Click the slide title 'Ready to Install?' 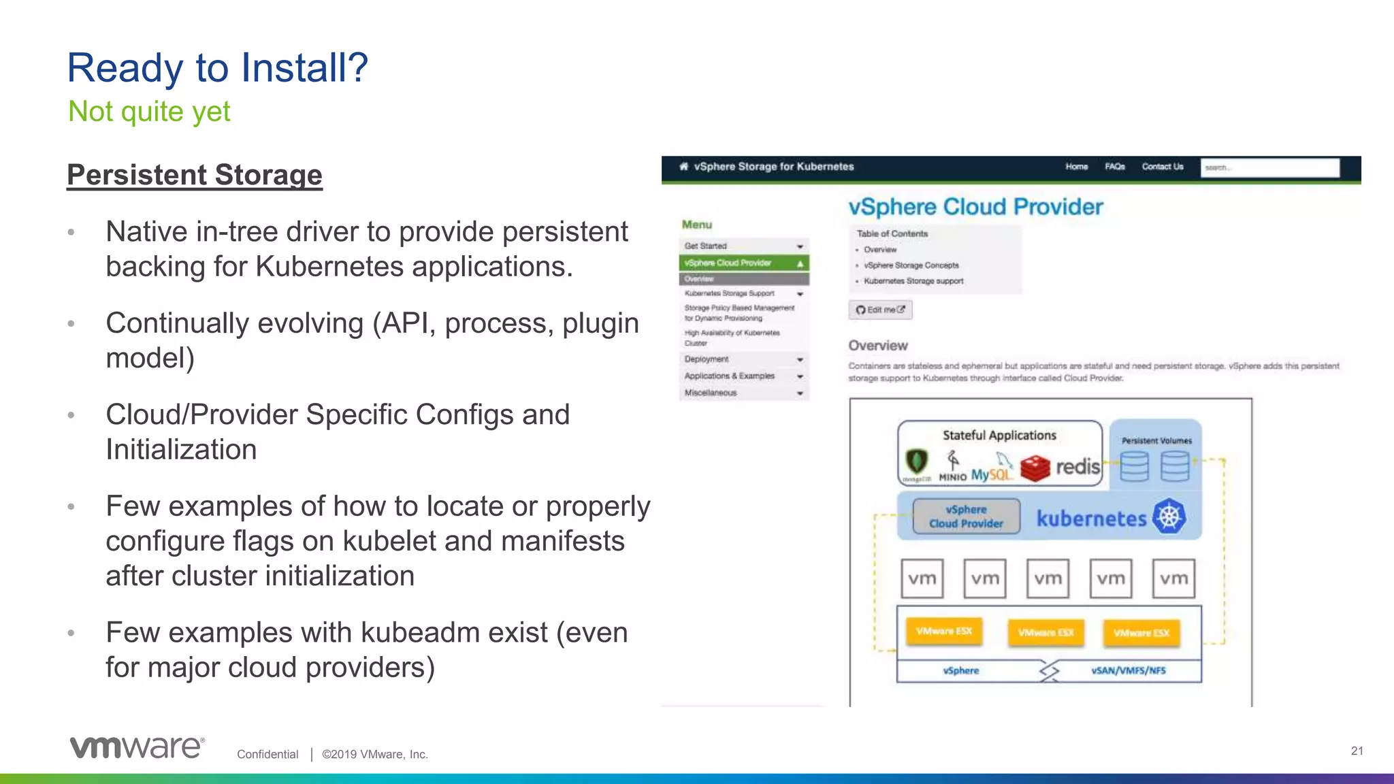pos(217,68)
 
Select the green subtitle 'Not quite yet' pos(149,112)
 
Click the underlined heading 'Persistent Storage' pos(195,175)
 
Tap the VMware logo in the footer pos(137,747)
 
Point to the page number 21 pos(1357,751)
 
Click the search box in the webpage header pos(1269,167)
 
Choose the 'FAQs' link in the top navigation pos(1114,167)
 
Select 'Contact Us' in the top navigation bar pos(1163,167)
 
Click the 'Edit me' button pos(880,310)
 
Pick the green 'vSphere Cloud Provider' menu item pos(743,263)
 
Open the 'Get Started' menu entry pos(743,246)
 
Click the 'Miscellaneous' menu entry pos(743,393)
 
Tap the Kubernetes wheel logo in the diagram pos(1169,517)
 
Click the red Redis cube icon pos(1035,468)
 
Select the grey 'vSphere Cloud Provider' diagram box pos(966,517)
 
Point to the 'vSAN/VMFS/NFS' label pos(1129,670)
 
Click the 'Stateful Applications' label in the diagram pos(999,436)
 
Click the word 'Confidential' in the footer pos(268,754)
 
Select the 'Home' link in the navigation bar pos(1076,167)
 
